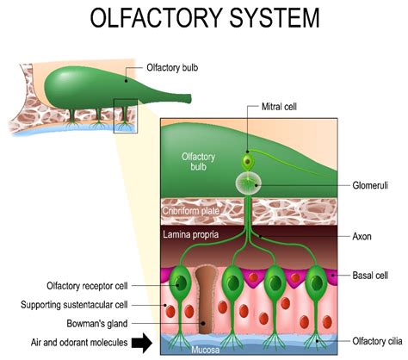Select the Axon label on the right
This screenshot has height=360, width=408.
363,235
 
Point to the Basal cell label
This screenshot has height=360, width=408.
371,276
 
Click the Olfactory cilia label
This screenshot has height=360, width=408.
369,341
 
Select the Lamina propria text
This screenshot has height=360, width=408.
191,233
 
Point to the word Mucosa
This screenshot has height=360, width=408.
201,351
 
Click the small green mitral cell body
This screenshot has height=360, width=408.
248,162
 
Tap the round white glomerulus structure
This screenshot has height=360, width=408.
249,183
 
